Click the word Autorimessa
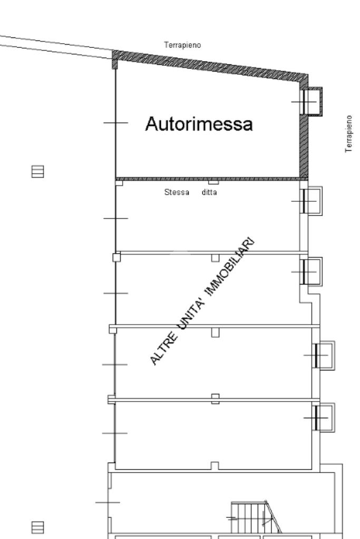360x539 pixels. point(199,125)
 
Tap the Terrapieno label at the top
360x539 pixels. point(182,45)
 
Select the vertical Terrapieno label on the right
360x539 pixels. point(348,134)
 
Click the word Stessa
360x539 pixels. point(177,192)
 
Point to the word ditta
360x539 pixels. point(209,192)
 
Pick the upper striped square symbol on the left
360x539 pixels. point(37,171)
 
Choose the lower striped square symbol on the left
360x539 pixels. point(37,527)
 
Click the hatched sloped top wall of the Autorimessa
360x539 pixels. point(211,65)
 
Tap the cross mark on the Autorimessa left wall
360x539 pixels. point(115,122)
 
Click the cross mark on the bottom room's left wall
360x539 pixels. point(108,502)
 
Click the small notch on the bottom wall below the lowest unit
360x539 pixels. point(215,465)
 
